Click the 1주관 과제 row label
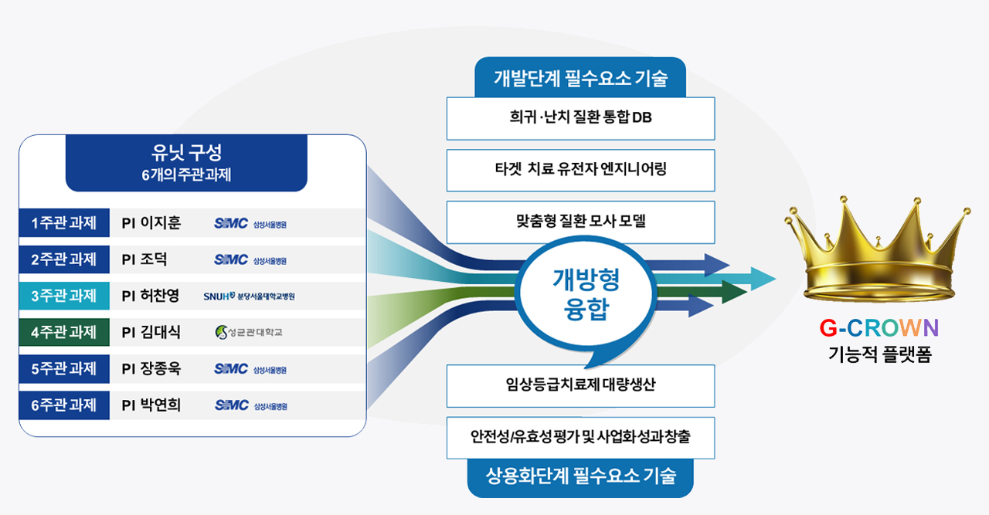64,222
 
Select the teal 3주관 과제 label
64,295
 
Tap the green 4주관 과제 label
64,332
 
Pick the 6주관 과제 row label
64,405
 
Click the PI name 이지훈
160,222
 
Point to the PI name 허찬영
159,295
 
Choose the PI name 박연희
160,405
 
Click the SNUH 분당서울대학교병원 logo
249,296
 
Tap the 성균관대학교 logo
249,332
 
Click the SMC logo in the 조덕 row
250,259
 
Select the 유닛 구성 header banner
186,162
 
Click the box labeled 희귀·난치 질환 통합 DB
580,118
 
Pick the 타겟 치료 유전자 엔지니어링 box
580,171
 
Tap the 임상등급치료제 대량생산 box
580,386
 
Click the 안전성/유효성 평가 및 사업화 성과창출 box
580,438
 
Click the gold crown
877,249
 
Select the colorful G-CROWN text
879,328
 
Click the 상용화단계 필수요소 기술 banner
580,477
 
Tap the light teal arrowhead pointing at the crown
762,279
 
